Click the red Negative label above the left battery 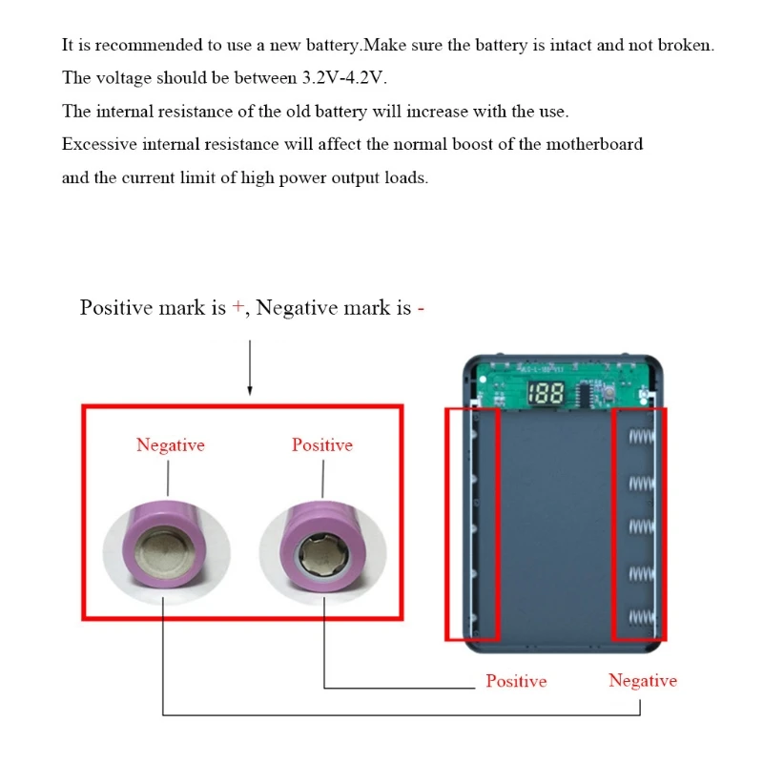tap(170, 445)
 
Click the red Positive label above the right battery tap(321, 445)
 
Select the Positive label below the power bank tap(516, 681)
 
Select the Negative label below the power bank tap(642, 681)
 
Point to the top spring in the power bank tap(641, 437)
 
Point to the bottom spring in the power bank tap(641, 617)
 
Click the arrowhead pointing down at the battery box tap(250, 390)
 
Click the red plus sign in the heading tap(238, 308)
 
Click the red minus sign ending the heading tap(421, 308)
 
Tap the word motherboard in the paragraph tap(596, 144)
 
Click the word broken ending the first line tap(686, 45)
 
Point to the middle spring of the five tap(641, 526)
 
